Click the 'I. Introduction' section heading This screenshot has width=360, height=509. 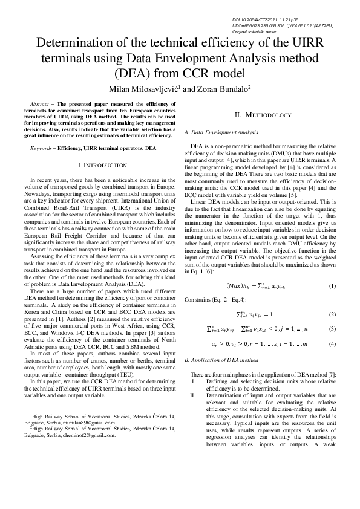click(103, 165)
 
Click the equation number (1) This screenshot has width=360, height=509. click(332, 285)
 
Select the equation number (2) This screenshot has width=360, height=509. click(332, 315)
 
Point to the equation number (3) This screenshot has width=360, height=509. click(332, 329)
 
